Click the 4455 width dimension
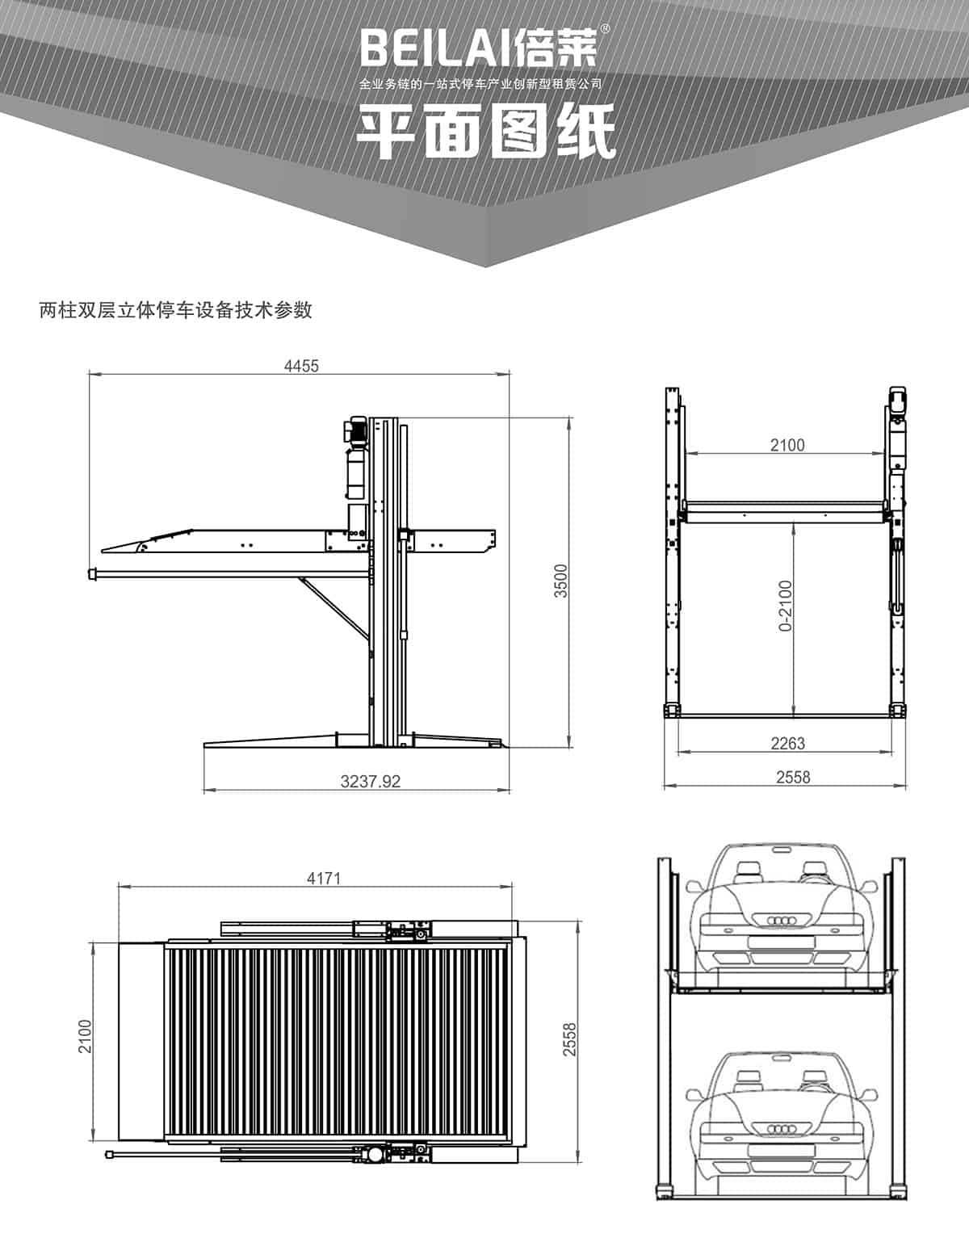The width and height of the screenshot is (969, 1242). click(x=301, y=366)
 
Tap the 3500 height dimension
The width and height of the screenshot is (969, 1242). click(x=561, y=581)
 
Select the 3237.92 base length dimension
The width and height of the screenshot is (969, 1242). click(x=371, y=781)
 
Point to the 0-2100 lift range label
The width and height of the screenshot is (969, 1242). click(x=785, y=605)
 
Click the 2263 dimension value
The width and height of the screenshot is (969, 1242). click(x=787, y=743)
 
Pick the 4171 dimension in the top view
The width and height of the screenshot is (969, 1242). click(x=324, y=878)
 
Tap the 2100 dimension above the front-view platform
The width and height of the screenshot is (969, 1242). click(x=787, y=444)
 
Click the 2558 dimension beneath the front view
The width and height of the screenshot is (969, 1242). click(x=792, y=777)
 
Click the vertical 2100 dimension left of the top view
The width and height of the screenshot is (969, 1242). click(x=86, y=1036)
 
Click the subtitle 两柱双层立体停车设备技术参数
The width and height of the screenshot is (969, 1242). click(x=176, y=310)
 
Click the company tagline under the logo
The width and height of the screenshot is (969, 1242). click(x=480, y=84)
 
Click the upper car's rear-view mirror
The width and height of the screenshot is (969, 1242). click(x=781, y=849)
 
